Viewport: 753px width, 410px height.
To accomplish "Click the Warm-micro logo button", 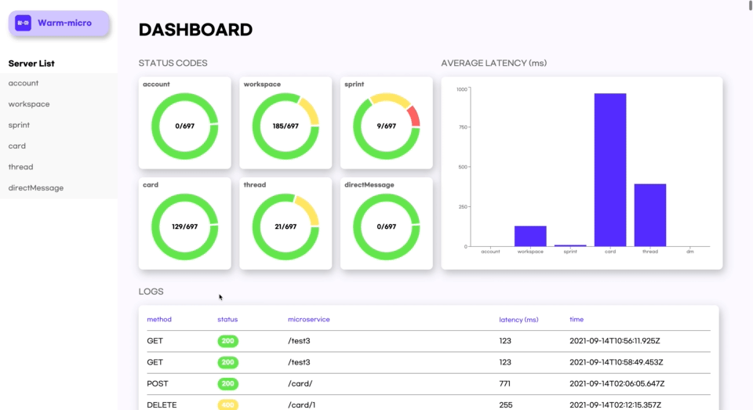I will pos(59,23).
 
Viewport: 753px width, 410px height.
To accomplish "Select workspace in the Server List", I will pos(29,104).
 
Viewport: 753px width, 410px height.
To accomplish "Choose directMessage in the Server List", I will pos(36,188).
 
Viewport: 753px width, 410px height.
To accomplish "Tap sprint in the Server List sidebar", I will pos(20,125).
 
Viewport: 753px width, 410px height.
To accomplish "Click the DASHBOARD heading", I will pos(195,31).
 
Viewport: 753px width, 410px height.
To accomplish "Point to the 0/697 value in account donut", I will pos(184,125).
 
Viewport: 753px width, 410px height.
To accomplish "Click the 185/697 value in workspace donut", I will pos(286,125).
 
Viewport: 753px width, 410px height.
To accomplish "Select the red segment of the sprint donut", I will pos(414,117).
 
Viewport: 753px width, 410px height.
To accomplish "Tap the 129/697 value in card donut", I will pos(184,227).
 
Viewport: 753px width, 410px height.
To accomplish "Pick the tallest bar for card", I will pos(610,170).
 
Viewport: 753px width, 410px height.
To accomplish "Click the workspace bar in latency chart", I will pos(530,236).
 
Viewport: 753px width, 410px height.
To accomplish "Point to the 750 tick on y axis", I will pos(462,128).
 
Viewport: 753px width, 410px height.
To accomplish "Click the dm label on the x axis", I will pos(689,252).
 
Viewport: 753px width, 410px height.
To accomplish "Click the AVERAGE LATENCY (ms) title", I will pos(493,63).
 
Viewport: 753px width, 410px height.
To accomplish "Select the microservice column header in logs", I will pos(308,320).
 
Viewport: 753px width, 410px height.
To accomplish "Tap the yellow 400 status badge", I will pos(227,405).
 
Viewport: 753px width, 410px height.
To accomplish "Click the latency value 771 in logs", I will pos(505,383).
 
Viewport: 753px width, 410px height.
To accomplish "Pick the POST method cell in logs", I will pos(157,383).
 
